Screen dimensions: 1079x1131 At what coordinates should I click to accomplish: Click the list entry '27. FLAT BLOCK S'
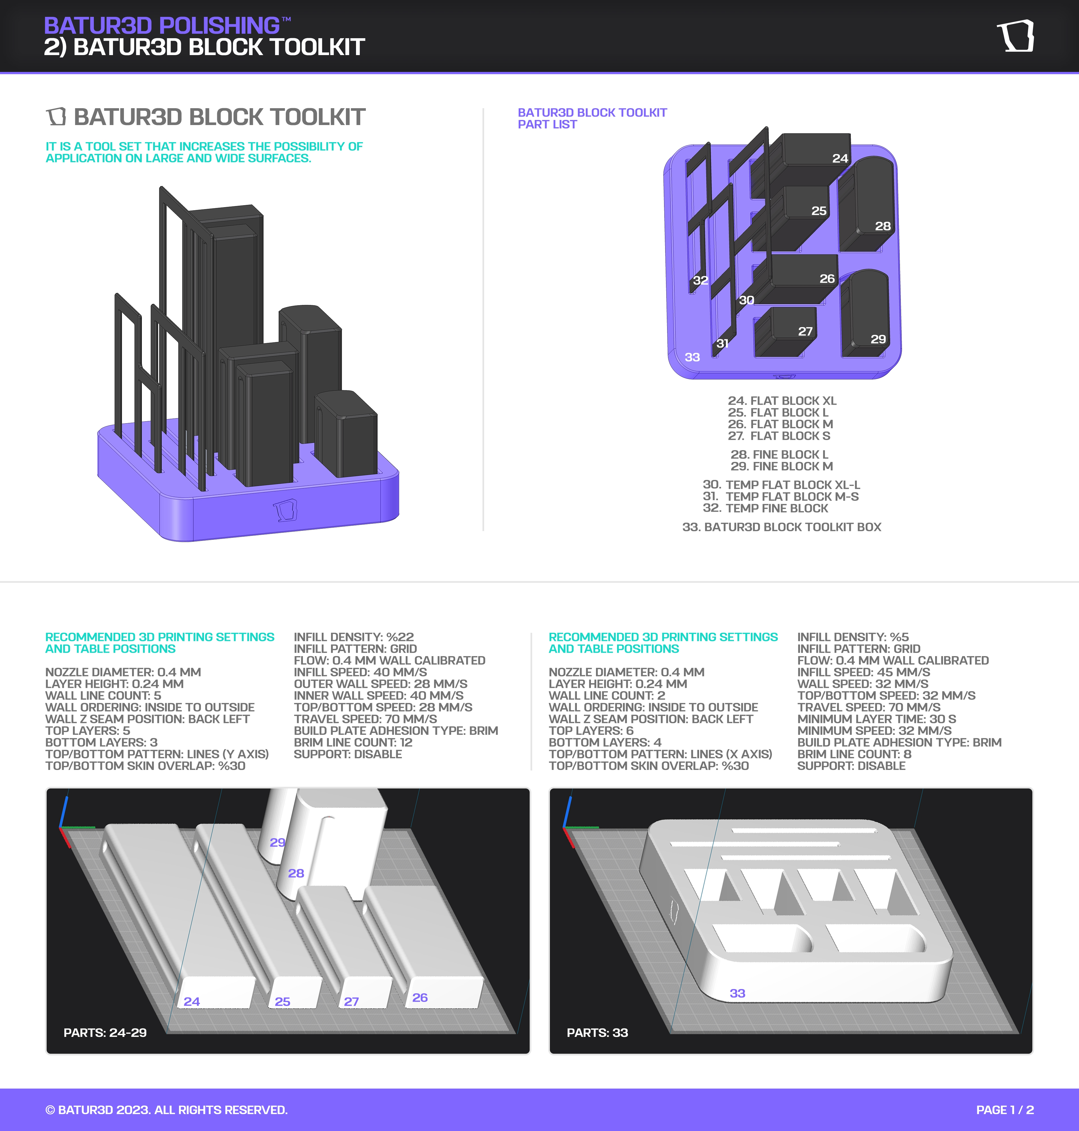pos(779,436)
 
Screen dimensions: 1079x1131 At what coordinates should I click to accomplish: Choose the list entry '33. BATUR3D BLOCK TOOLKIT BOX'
pos(782,527)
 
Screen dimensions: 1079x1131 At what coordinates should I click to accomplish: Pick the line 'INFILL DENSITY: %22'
pos(354,637)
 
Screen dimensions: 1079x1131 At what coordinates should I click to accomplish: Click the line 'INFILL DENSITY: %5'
pos(853,637)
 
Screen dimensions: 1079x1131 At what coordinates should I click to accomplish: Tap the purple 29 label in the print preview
pos(277,842)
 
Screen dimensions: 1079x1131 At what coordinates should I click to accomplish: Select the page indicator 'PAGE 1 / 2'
pos(1005,1110)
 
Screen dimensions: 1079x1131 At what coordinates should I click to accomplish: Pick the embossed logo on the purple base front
pos(285,510)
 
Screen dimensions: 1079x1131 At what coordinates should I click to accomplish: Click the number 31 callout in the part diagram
pos(722,343)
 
